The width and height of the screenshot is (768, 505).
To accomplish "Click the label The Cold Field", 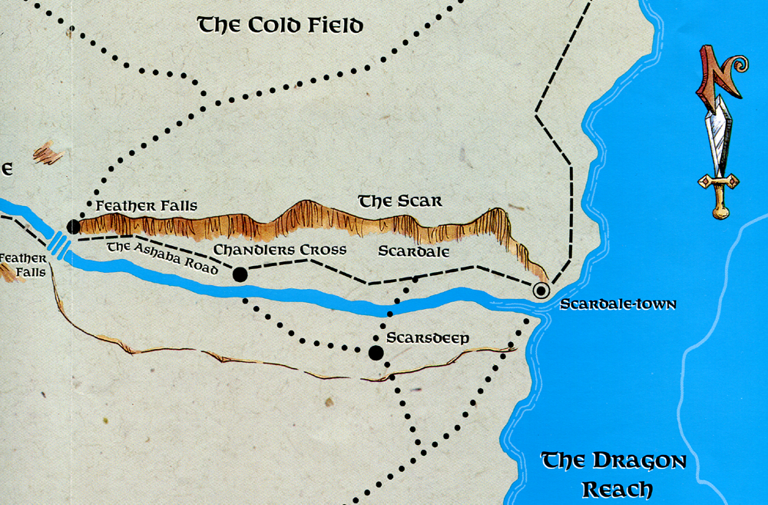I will point(280,25).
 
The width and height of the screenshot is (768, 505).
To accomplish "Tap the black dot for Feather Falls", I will point(73,226).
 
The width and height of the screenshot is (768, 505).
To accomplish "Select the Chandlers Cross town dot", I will point(240,274).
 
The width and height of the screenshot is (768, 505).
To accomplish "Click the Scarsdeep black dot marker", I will point(376,353).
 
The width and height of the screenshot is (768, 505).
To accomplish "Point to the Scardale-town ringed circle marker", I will point(541,290).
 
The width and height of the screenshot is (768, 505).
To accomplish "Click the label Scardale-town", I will point(617,304).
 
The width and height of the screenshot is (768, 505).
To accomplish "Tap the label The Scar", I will point(400,202).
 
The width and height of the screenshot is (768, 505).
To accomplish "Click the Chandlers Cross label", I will point(280,251).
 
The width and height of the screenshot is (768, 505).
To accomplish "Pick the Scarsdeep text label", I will point(428,337).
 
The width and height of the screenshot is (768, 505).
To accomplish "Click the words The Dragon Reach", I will point(613,474).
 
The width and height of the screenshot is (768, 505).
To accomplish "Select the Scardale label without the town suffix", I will point(413,251).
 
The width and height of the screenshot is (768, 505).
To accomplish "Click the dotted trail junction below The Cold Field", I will point(204,95).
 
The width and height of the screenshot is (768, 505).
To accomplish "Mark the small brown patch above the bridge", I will point(48,153).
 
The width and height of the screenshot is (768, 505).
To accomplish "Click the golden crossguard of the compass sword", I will point(719,182).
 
